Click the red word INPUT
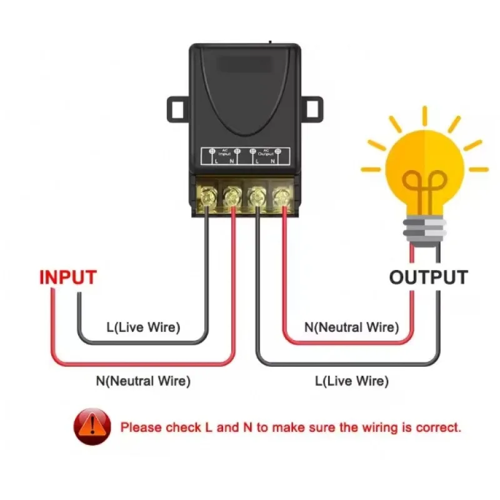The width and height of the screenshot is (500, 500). [68, 277]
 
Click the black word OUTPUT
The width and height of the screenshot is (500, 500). [428, 277]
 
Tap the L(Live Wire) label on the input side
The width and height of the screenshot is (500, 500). [143, 327]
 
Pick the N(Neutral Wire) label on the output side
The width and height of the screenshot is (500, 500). [351, 327]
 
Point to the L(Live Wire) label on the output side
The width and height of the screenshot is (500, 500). [351, 380]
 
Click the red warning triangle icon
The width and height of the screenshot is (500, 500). [92, 427]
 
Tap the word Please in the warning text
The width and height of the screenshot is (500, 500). [141, 428]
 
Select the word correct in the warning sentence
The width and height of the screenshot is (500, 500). [440, 428]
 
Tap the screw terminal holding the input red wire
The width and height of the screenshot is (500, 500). [232, 197]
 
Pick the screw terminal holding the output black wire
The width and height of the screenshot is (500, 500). [256, 197]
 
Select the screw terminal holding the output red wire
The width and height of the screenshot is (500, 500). [280, 197]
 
